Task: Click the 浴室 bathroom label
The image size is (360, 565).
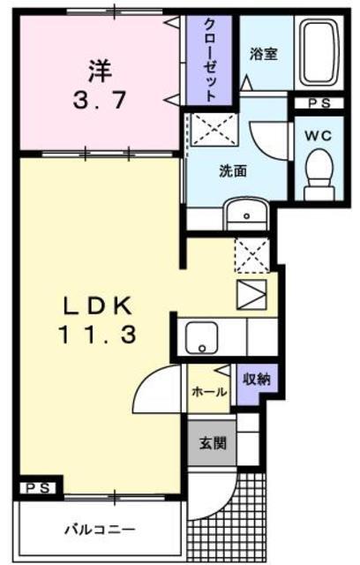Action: click(264, 53)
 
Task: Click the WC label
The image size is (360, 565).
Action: click(318, 136)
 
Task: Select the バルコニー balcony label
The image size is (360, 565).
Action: click(99, 531)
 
